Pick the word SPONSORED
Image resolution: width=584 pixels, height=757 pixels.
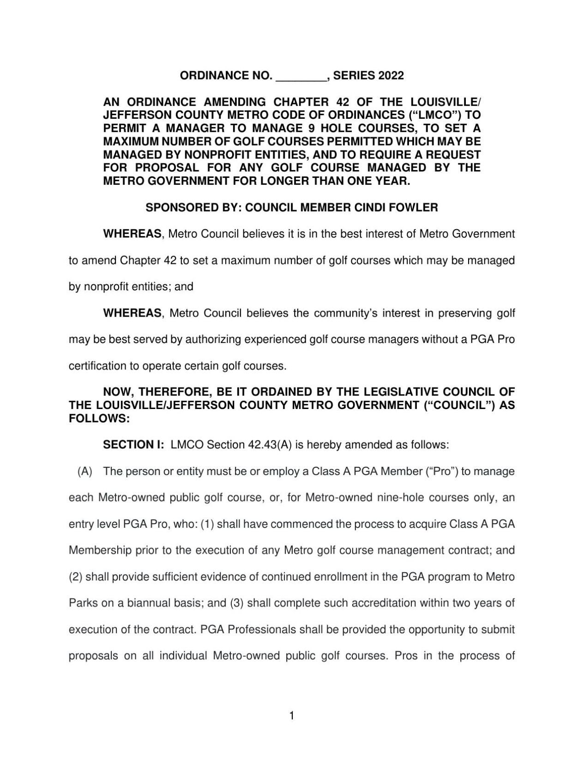click(x=178, y=208)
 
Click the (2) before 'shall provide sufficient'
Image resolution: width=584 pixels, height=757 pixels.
click(x=75, y=577)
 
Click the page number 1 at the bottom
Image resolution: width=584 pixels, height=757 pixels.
click(x=291, y=716)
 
